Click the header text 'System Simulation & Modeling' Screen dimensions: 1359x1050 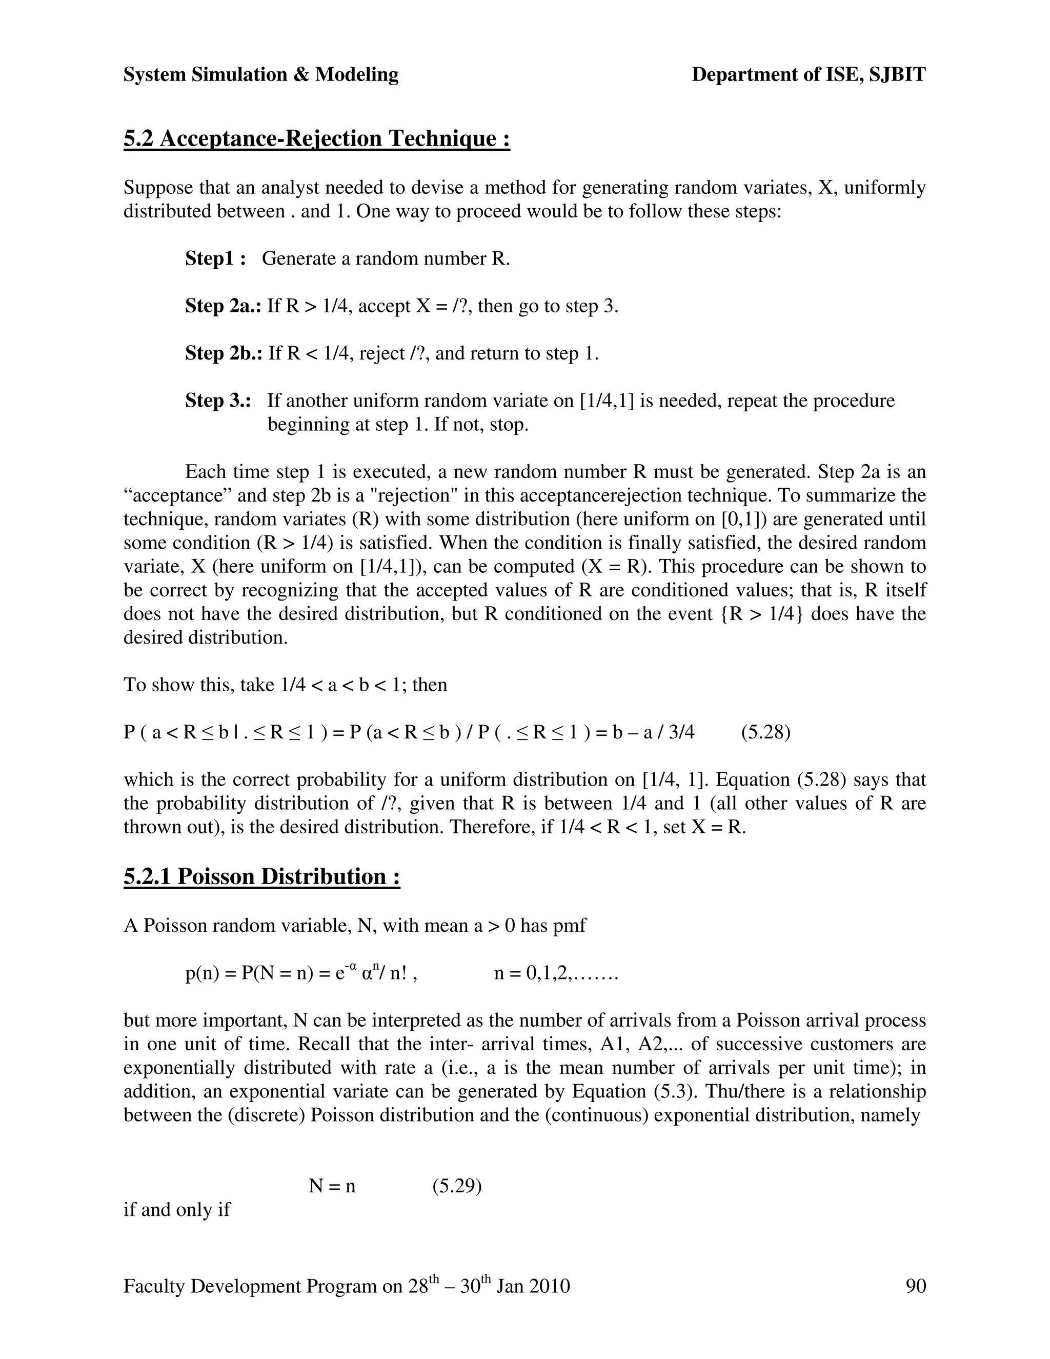click(x=260, y=75)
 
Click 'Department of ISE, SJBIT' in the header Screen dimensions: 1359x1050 click(x=808, y=75)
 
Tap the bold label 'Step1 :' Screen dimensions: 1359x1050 click(x=215, y=258)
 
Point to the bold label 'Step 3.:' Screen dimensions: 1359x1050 click(x=218, y=400)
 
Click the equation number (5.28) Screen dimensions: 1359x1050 click(x=765, y=732)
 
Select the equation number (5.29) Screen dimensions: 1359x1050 click(x=457, y=1186)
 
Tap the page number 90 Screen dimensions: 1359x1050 click(x=916, y=1286)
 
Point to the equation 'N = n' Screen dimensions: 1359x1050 click(x=332, y=1187)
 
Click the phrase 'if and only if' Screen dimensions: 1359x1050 click(x=177, y=1210)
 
